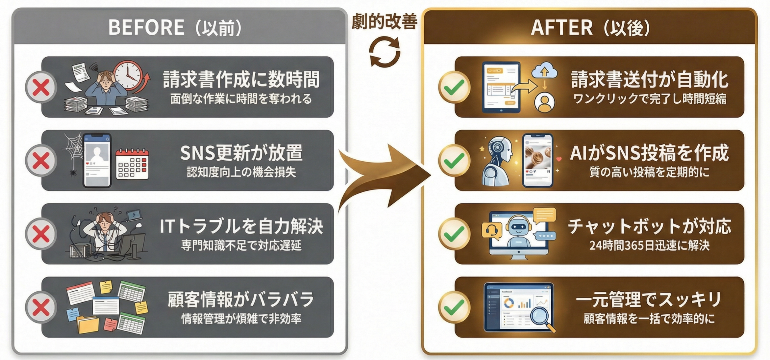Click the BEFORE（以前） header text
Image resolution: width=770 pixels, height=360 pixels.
click(x=175, y=28)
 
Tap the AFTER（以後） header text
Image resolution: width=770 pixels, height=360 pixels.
click(x=590, y=28)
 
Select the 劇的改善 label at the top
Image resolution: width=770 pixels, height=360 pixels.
click(x=384, y=22)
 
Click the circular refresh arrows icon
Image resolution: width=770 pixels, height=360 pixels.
click(x=384, y=51)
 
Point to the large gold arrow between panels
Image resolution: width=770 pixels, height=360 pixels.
click(x=386, y=176)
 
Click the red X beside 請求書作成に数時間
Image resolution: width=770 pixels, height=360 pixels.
click(x=41, y=87)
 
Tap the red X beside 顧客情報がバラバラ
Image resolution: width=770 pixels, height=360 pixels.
click(x=41, y=307)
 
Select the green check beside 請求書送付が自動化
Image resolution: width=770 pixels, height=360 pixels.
click(x=454, y=87)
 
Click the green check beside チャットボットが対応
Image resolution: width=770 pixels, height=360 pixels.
click(x=454, y=234)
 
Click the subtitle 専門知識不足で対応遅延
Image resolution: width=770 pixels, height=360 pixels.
click(x=241, y=245)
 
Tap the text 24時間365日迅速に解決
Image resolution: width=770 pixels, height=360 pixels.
click(x=649, y=245)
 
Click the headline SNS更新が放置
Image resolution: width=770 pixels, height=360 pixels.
click(x=241, y=153)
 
